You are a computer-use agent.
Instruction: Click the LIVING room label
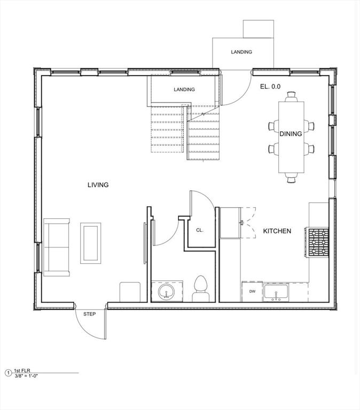(x=98, y=185)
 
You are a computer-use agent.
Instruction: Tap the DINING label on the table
(x=291, y=134)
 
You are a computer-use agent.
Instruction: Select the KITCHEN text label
(x=277, y=231)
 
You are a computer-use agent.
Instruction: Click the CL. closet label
(x=200, y=231)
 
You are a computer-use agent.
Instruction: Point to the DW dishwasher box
(x=252, y=291)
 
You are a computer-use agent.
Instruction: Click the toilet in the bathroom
(x=201, y=288)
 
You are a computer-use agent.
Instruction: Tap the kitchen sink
(x=276, y=293)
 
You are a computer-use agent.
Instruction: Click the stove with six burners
(x=317, y=242)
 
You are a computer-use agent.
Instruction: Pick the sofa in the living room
(x=57, y=247)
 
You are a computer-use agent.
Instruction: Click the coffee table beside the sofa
(x=91, y=243)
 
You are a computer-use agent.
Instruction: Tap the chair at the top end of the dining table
(x=291, y=97)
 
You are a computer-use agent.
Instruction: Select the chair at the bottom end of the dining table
(x=291, y=178)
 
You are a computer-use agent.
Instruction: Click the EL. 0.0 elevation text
(x=270, y=86)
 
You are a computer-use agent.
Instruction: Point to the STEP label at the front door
(x=90, y=314)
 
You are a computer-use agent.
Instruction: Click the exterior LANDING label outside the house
(x=241, y=52)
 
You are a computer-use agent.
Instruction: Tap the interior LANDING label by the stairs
(x=184, y=90)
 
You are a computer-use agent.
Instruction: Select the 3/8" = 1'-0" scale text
(x=27, y=375)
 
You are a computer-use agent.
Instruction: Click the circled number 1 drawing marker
(x=9, y=373)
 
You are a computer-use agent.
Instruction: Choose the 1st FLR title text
(x=22, y=370)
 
